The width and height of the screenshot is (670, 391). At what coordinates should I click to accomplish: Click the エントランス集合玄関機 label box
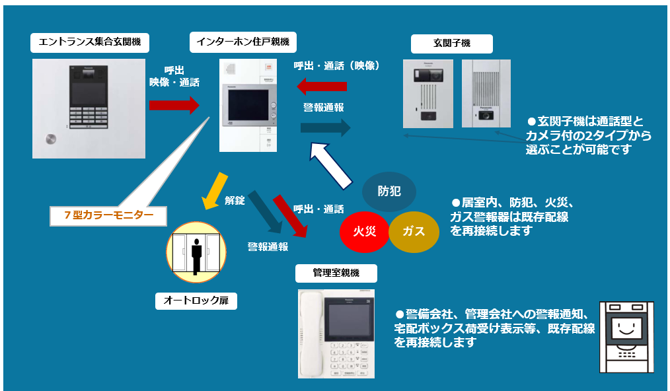[90, 42]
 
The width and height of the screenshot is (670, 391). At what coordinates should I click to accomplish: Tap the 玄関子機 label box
[451, 44]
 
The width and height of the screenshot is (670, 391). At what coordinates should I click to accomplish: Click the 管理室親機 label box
[336, 273]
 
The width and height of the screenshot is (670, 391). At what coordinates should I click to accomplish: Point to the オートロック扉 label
[196, 301]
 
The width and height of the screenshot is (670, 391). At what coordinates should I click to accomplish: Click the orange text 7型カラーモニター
[109, 215]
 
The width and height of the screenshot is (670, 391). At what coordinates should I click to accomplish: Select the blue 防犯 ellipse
[389, 192]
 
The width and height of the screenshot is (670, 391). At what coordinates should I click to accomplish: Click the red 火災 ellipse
[365, 231]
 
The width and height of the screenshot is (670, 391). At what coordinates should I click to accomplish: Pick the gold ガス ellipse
[414, 231]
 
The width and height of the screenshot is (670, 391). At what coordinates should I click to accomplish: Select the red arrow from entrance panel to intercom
[174, 104]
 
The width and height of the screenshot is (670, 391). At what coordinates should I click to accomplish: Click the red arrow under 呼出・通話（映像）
[322, 86]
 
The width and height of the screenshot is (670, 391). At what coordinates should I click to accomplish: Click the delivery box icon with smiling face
[626, 337]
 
